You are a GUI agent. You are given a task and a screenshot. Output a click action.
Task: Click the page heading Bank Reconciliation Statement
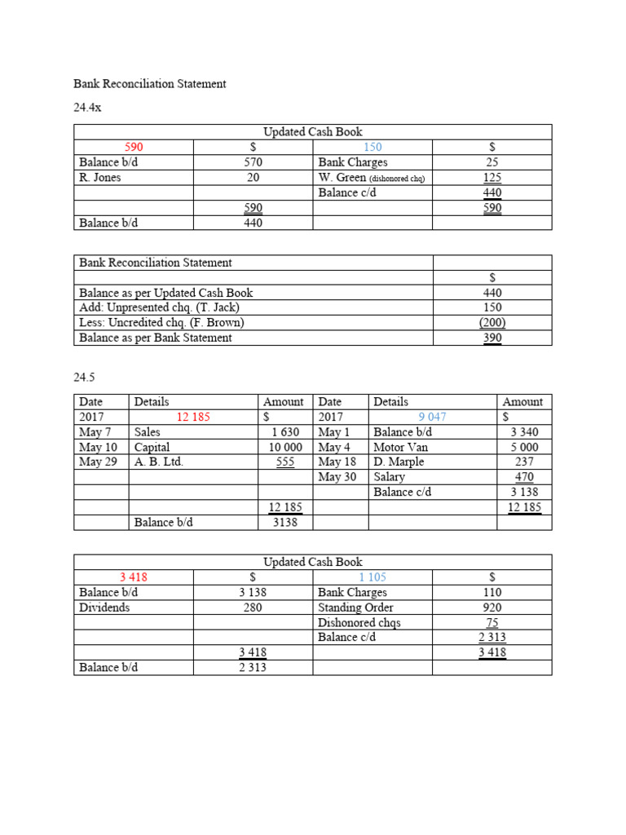pyautogui.click(x=149, y=84)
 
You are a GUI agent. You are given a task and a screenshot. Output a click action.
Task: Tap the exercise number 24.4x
pyautogui.click(x=87, y=108)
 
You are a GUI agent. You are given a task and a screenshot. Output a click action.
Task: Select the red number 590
pyautogui.click(x=134, y=147)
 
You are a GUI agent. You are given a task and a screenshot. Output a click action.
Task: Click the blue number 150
pyautogui.click(x=373, y=147)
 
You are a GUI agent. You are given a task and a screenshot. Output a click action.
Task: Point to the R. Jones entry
pyautogui.click(x=100, y=177)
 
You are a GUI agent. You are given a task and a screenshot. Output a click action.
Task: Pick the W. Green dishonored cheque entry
pyautogui.click(x=372, y=177)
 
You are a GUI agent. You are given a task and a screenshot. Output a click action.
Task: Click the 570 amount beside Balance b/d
pyautogui.click(x=253, y=162)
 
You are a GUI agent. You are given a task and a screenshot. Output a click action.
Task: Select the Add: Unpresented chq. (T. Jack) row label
pyautogui.click(x=160, y=307)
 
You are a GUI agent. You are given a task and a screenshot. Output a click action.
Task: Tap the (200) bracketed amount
pyautogui.click(x=492, y=322)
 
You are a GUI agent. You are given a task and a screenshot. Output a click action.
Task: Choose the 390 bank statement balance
pyautogui.click(x=492, y=338)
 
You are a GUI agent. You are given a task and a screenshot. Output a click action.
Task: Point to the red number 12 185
pyautogui.click(x=193, y=417)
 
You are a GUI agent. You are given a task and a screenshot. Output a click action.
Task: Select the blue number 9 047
pyautogui.click(x=432, y=417)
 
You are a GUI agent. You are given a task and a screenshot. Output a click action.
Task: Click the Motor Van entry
pyautogui.click(x=400, y=447)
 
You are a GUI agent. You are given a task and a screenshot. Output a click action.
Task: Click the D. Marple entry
pyautogui.click(x=399, y=462)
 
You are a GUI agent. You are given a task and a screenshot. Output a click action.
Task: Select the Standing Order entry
pyautogui.click(x=355, y=607)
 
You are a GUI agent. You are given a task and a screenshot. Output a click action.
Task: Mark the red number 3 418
pyautogui.click(x=134, y=577)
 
